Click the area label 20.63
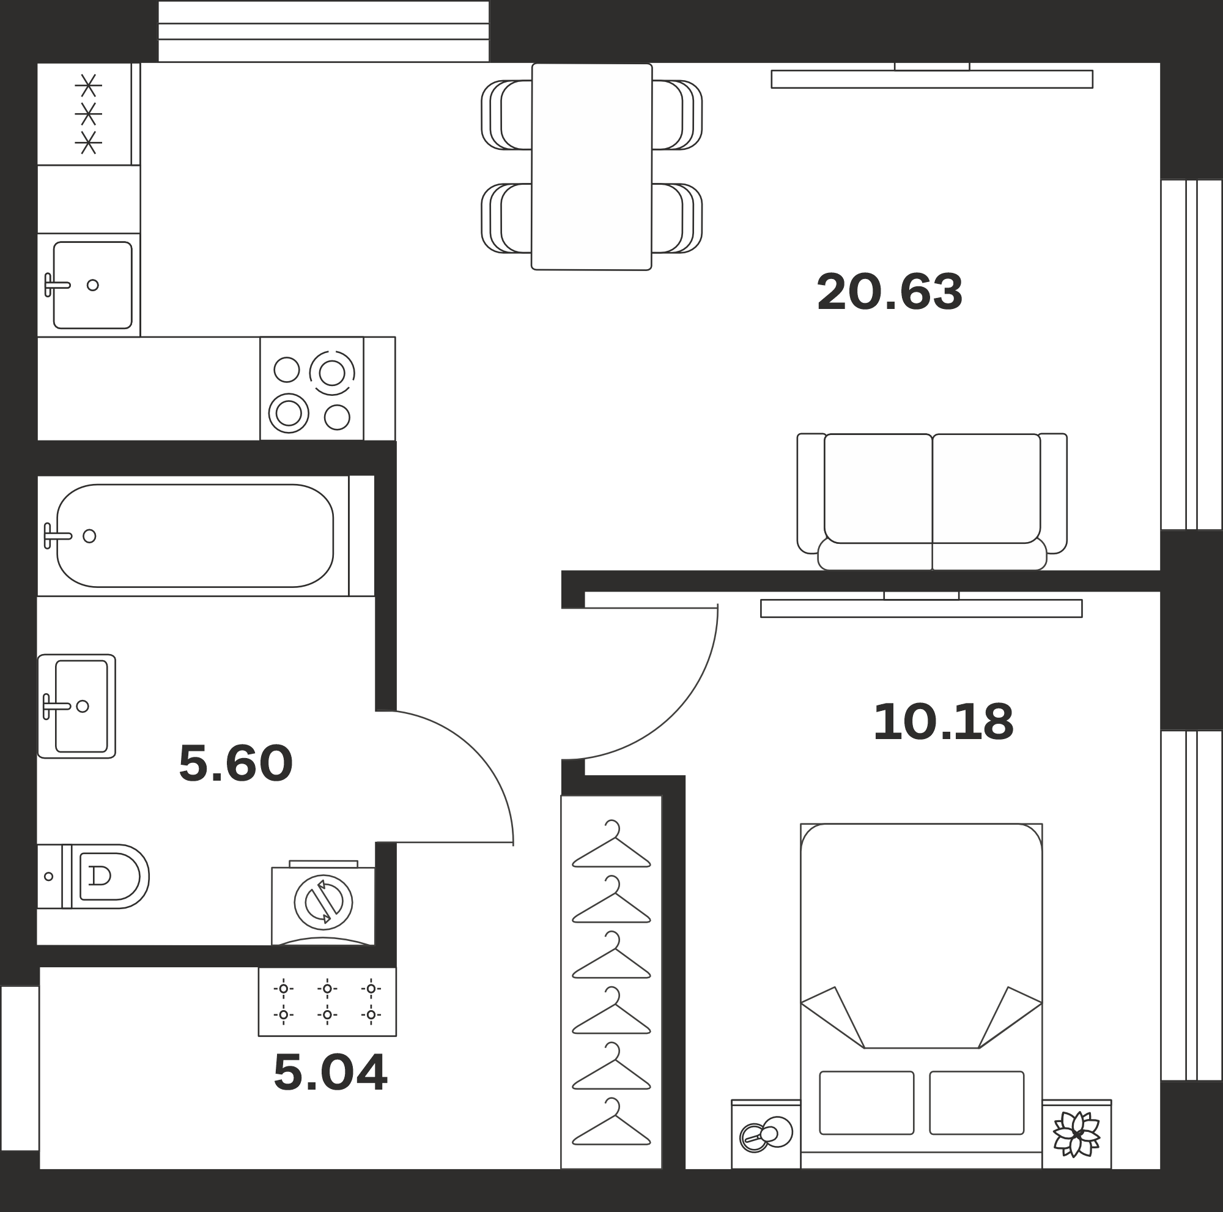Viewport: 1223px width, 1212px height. tap(889, 292)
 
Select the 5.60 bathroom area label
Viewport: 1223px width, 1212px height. tap(235, 763)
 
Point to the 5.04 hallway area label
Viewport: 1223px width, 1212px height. tap(330, 1073)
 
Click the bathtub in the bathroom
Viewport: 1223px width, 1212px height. tap(195, 536)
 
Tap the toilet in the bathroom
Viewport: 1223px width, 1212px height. tap(93, 876)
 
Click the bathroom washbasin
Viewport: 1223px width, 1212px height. tap(76, 706)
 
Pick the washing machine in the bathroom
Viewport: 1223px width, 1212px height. tap(323, 903)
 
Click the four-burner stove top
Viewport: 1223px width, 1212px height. tap(311, 388)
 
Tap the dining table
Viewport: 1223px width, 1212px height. tap(592, 166)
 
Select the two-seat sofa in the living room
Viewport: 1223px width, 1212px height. tap(932, 502)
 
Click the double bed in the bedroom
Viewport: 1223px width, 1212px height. tap(921, 996)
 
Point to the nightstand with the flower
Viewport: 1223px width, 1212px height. tap(1077, 1134)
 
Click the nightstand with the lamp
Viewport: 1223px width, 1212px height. tap(766, 1134)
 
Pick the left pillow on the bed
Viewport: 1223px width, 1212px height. tap(866, 1103)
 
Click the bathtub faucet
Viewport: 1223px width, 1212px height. tap(57, 536)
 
